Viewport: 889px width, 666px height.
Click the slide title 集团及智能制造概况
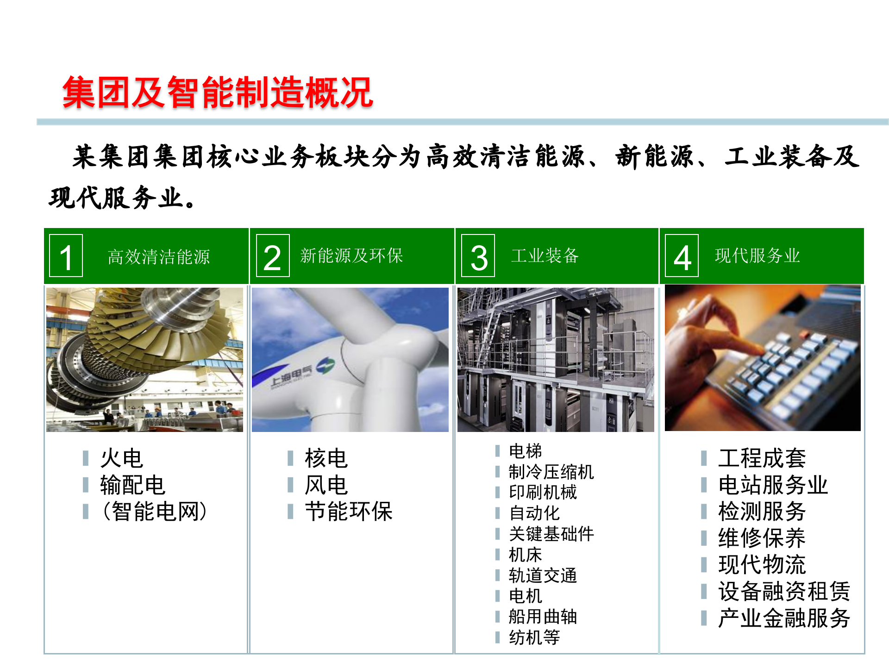[218, 92]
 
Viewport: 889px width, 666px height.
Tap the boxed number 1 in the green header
[66, 256]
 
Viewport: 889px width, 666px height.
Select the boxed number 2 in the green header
[272, 256]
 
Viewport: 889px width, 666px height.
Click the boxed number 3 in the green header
[478, 256]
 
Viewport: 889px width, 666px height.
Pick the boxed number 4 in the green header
[682, 256]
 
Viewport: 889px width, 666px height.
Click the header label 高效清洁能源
[159, 257]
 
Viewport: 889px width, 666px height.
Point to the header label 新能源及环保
[351, 255]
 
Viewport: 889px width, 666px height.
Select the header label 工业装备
[545, 255]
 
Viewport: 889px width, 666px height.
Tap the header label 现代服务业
[757, 255]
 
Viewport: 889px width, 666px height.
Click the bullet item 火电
[122, 458]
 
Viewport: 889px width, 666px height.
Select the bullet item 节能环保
[348, 512]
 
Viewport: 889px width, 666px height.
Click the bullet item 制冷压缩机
[551, 472]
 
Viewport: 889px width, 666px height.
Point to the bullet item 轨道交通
[543, 575]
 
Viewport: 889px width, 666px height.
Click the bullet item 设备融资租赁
[784, 591]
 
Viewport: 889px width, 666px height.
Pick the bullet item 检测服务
[762, 512]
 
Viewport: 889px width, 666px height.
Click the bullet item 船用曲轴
[543, 617]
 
